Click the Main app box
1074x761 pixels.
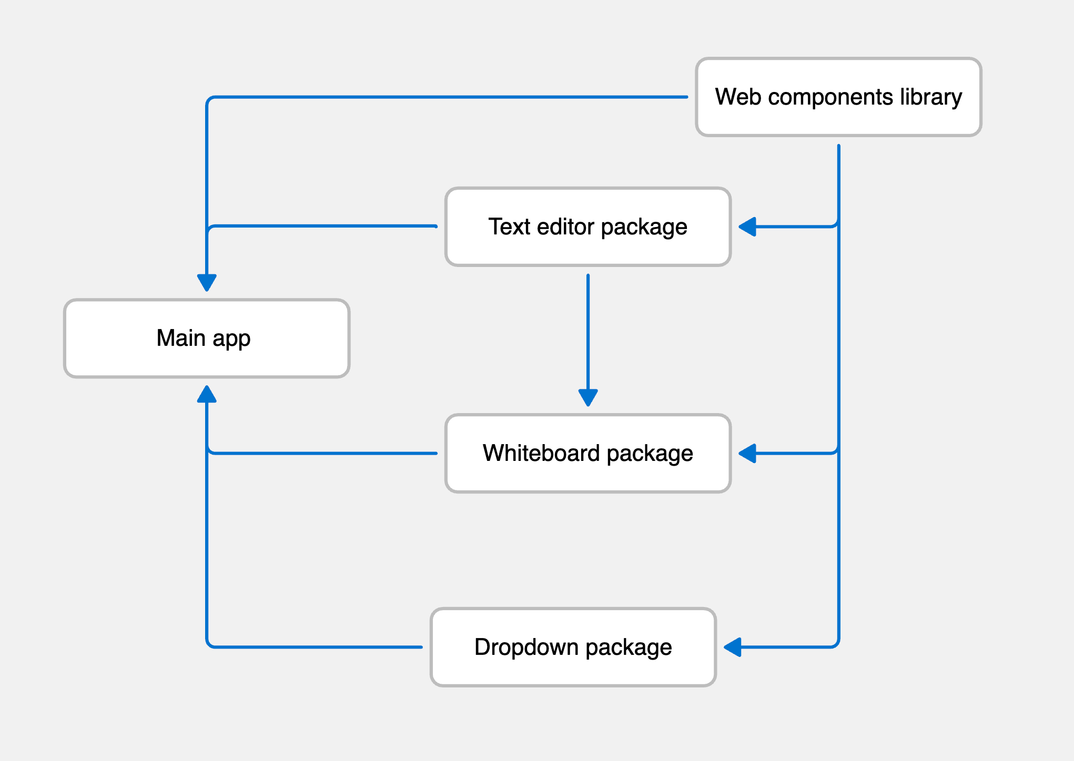coord(207,338)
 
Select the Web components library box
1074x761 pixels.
coord(838,97)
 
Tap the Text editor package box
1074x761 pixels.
coord(588,227)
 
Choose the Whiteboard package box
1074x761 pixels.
coord(588,453)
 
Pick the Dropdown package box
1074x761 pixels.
coord(573,647)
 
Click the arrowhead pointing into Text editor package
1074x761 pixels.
coord(747,227)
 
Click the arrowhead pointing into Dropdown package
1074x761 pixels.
coord(733,647)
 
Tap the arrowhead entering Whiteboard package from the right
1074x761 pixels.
coord(747,453)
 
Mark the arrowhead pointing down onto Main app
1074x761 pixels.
coord(207,283)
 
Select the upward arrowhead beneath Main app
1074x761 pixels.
coord(207,394)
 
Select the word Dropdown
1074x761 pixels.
coord(526,647)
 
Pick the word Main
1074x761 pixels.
coord(181,338)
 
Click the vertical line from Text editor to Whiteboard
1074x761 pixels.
coord(588,336)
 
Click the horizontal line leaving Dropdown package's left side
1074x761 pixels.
coord(316,647)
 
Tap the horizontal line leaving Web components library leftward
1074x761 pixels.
coord(447,97)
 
